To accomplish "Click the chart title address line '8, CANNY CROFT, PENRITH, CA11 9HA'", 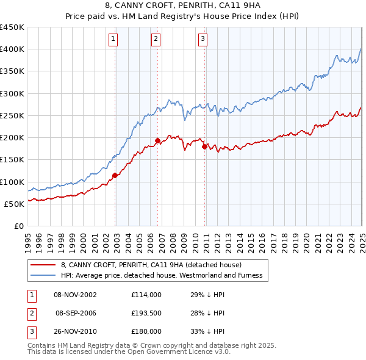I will tap(182, 5).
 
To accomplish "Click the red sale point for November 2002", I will tap(115, 176).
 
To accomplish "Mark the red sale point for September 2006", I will tap(157, 140).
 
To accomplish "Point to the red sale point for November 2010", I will tap(204, 146).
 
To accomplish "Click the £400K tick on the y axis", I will tap(12, 49).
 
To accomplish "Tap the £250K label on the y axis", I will tap(12, 115).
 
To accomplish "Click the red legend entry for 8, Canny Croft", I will tap(151, 265).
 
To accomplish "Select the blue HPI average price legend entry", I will tap(161, 276).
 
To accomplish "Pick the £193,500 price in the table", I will tap(146, 313).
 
